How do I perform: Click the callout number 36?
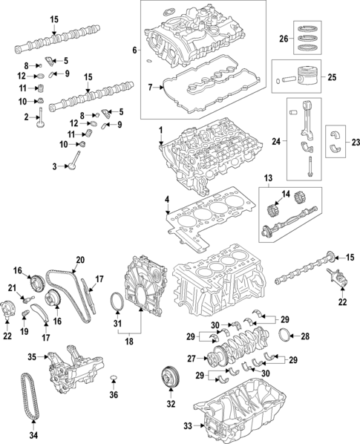(114, 394)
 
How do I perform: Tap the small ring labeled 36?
(114, 377)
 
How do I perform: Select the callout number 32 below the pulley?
(171, 404)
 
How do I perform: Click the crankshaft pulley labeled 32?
(171, 378)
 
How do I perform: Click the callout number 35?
(32, 357)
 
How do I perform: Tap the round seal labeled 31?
(117, 303)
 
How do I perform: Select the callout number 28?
(305, 336)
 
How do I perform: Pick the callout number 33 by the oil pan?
(188, 425)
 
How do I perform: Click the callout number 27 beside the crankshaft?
(192, 359)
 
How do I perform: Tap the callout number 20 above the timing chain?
(80, 260)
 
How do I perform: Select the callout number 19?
(24, 331)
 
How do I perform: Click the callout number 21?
(12, 288)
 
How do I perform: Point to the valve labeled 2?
(41, 119)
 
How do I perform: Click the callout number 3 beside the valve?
(55, 167)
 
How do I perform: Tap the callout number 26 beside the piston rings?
(284, 39)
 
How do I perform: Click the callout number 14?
(286, 194)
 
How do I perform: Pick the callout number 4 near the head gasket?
(167, 200)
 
